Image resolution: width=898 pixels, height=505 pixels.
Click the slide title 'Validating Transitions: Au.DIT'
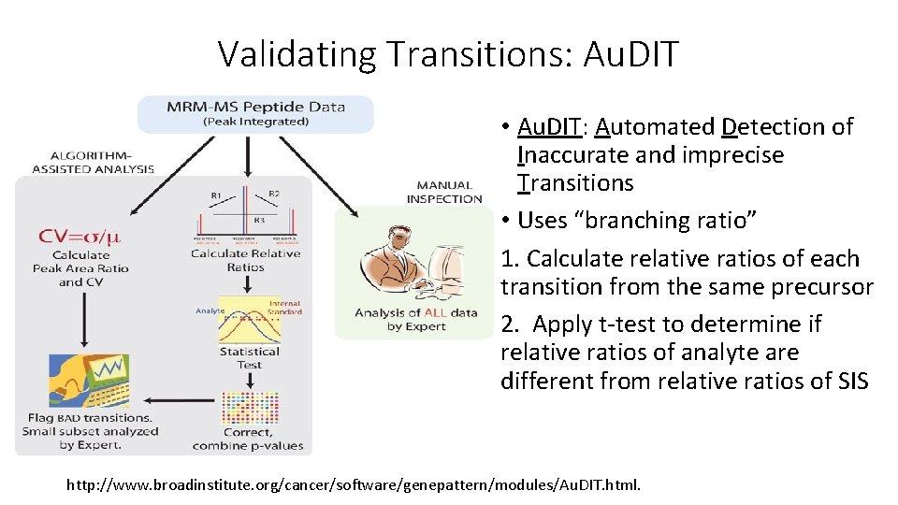tap(448, 54)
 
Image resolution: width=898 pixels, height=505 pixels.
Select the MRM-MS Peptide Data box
tap(255, 113)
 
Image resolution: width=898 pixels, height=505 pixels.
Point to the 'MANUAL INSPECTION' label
tap(444, 192)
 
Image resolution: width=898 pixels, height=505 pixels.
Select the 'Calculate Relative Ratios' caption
tap(246, 260)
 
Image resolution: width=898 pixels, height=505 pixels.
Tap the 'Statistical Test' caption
tap(250, 358)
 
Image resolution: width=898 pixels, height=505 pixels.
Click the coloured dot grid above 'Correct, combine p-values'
tap(249, 404)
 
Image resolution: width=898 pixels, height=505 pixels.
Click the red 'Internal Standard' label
tap(284, 307)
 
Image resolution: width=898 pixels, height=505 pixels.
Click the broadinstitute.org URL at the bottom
tap(354, 485)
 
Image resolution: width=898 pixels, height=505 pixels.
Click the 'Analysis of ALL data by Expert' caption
tap(415, 319)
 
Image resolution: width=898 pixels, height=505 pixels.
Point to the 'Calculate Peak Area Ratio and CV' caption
tap(80, 268)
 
